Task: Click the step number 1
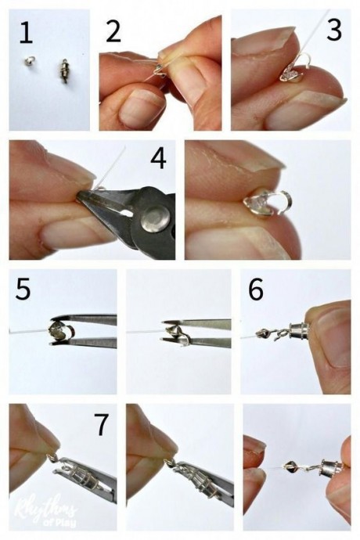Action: click(26, 33)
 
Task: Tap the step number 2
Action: click(113, 31)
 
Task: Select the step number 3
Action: click(334, 30)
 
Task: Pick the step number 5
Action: click(23, 289)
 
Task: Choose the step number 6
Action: click(257, 289)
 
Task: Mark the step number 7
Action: click(102, 424)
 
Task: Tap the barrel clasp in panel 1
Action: click(63, 70)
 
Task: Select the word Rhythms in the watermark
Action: click(44, 507)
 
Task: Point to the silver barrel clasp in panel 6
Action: click(298, 333)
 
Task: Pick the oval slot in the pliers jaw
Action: click(123, 213)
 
